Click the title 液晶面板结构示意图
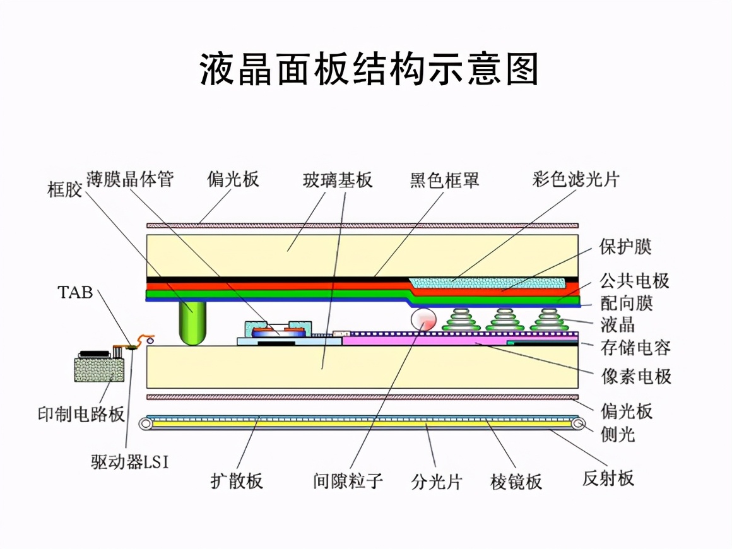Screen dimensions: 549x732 click(x=369, y=69)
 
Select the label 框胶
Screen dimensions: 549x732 click(x=65, y=189)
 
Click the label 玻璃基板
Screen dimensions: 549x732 click(x=338, y=180)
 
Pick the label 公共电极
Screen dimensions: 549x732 click(x=634, y=280)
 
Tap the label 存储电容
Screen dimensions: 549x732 click(x=635, y=346)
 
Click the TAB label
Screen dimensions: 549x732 click(x=75, y=292)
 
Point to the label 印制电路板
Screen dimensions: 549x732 click(x=81, y=415)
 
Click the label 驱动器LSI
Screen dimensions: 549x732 click(x=130, y=462)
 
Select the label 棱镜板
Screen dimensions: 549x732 click(x=516, y=482)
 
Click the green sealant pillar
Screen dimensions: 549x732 click(x=192, y=322)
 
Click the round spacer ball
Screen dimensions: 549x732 click(x=423, y=320)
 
